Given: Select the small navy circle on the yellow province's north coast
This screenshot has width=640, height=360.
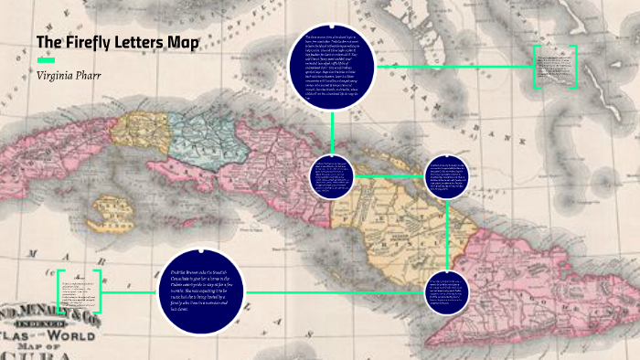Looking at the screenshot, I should coord(446,176).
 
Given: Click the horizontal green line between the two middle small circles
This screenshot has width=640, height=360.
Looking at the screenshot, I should coord(389,175).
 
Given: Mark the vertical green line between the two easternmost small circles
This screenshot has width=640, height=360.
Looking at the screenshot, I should coord(447,234).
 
